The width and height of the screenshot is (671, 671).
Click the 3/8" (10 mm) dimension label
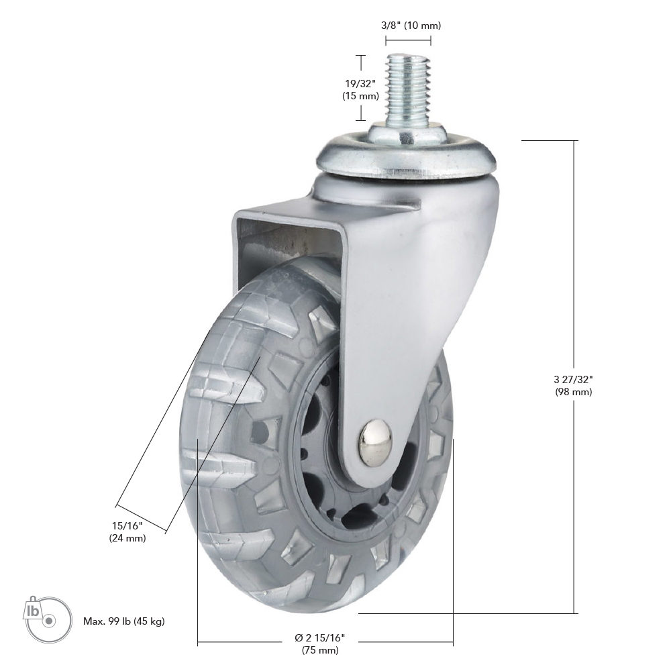pos(411,25)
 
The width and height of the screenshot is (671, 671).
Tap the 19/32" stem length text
pos(360,83)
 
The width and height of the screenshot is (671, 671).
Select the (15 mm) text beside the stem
pos(360,96)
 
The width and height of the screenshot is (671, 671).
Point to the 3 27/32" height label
pos(574,379)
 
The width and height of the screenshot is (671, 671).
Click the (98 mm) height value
pos(574,392)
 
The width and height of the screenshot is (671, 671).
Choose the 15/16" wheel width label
pos(127,525)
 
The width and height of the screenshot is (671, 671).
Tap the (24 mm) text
pos(127,538)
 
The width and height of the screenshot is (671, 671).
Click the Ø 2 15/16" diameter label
pos(319,637)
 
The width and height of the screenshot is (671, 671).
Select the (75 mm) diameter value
pos(320,650)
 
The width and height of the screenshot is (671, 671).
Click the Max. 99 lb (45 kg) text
pos(124,621)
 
